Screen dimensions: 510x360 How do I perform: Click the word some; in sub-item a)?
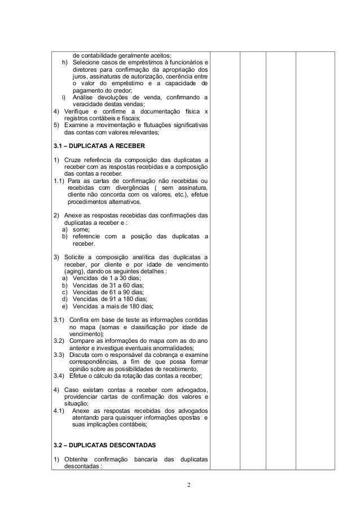[x=81, y=230]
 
